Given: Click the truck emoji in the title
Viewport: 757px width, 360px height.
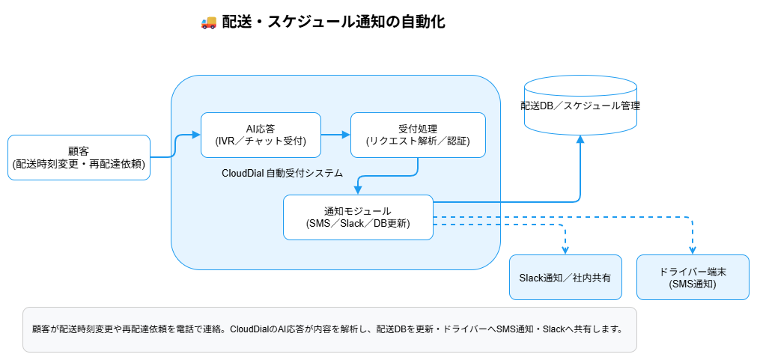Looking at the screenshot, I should pyautogui.click(x=209, y=22).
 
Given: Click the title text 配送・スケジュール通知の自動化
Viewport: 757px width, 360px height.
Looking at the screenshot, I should pyautogui.click(x=334, y=22).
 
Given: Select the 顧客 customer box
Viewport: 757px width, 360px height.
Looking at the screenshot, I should pyautogui.click(x=79, y=157).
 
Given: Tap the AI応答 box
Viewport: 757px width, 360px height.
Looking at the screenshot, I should pyautogui.click(x=261, y=135).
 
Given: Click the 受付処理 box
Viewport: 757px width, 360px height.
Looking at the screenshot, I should pyautogui.click(x=418, y=135).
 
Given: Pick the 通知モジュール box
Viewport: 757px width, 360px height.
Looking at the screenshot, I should pyautogui.click(x=358, y=217).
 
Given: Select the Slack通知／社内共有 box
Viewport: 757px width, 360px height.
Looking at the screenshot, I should pyautogui.click(x=565, y=278).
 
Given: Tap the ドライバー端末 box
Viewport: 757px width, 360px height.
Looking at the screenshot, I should pyautogui.click(x=693, y=278).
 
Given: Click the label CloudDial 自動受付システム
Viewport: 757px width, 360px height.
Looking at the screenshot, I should pyautogui.click(x=282, y=173).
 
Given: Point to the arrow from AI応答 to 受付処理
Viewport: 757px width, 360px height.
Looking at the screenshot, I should pyautogui.click(x=335, y=135).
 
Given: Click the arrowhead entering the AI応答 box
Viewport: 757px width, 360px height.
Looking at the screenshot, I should pyautogui.click(x=196, y=135).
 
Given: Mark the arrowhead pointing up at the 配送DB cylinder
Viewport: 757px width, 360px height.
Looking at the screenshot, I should pyautogui.click(x=580, y=140).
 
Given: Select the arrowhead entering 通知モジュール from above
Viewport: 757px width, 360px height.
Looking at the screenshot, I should pyautogui.click(x=358, y=190).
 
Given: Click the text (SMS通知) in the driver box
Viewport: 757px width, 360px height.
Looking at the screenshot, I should pyautogui.click(x=693, y=284).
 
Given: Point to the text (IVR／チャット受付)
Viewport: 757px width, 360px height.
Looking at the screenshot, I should pyautogui.click(x=261, y=141).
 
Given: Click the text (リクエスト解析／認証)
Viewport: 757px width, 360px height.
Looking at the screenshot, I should pyautogui.click(x=418, y=141).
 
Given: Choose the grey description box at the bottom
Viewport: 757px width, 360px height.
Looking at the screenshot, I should pyautogui.click(x=329, y=329).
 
